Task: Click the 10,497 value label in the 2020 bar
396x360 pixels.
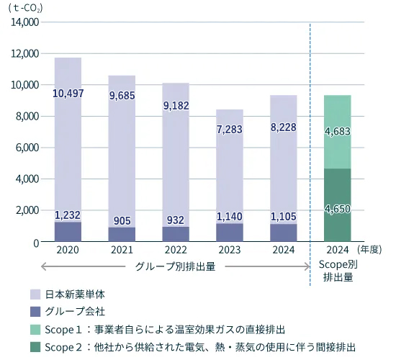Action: tap(68, 94)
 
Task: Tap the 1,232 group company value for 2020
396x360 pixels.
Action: tap(68, 215)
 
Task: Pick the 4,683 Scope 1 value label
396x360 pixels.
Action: tap(337, 132)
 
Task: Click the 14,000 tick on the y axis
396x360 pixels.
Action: tap(24, 22)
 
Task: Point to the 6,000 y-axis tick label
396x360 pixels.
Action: tap(27, 148)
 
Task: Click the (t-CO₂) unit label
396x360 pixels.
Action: tap(26, 9)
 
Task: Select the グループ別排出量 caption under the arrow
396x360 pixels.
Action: tap(176, 266)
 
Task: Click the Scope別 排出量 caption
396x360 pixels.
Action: tap(337, 271)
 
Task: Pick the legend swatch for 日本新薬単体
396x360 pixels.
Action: tap(35, 294)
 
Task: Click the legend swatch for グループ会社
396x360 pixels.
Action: tap(35, 312)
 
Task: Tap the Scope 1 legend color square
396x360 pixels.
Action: tap(35, 329)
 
